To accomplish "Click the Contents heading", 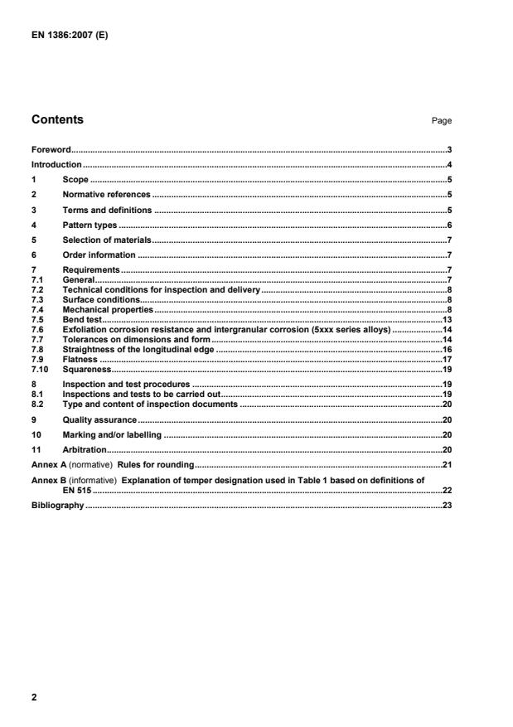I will pyautogui.click(x=57, y=119).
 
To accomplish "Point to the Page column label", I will pyautogui.click(x=441, y=121).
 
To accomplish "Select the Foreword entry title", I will pyautogui.click(x=51, y=150).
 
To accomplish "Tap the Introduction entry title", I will pyautogui.click(x=56, y=164).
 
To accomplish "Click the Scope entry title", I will pyautogui.click(x=75, y=179).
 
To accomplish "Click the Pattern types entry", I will pyautogui.click(x=90, y=225).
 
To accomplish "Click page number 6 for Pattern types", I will pyautogui.click(x=448, y=225).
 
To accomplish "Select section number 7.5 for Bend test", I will pyautogui.click(x=37, y=318).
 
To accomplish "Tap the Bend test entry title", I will pyautogui.click(x=80, y=318).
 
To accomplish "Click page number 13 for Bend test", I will pyautogui.click(x=445, y=318).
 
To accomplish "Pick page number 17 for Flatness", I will pyautogui.click(x=445, y=359).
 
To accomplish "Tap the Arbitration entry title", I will pyautogui.click(x=85, y=449).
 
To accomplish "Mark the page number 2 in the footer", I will pyautogui.click(x=34, y=697).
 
